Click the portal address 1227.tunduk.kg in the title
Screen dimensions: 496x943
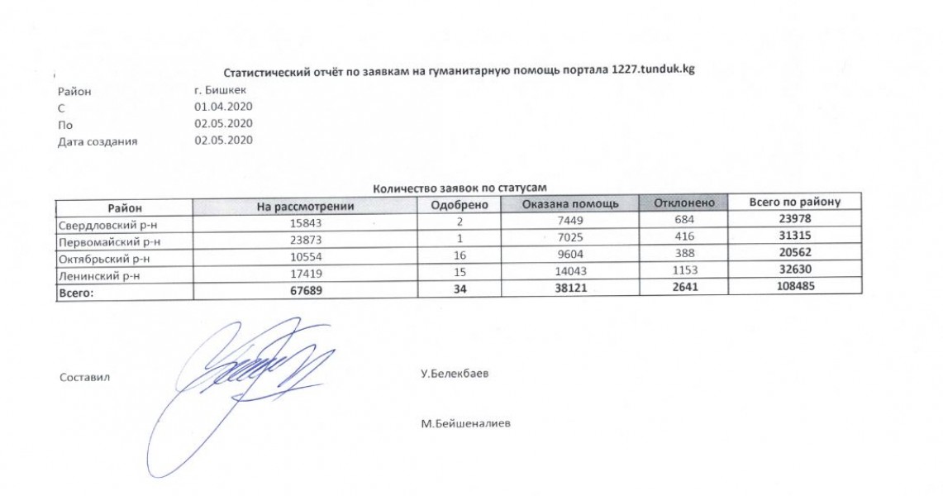point(653,70)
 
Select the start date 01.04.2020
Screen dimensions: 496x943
point(222,107)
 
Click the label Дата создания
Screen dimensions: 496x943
point(98,141)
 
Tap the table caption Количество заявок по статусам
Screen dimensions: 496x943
point(460,188)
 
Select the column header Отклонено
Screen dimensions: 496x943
point(685,203)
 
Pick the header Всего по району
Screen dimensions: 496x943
point(794,203)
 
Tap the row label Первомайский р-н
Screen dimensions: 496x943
point(108,241)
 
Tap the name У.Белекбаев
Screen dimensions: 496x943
point(455,374)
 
